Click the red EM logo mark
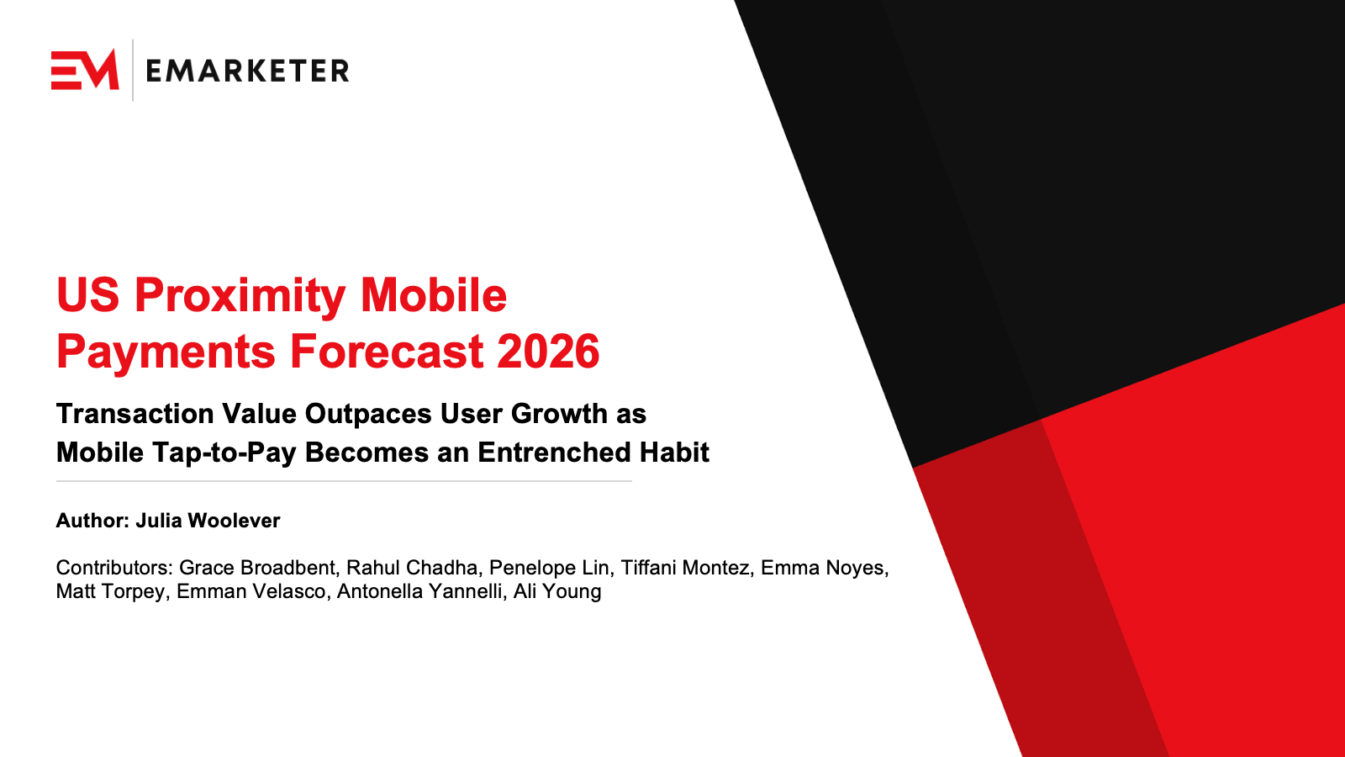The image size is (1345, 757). coord(85,70)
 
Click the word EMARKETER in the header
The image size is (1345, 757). coord(247,71)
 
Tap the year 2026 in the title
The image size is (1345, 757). coord(548,352)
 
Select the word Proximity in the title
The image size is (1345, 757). coord(240,296)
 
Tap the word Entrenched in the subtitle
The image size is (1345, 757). coord(555,453)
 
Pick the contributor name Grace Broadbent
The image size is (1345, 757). coord(257,568)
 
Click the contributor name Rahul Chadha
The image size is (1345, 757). coord(412,568)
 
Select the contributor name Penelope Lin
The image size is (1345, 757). coord(549,568)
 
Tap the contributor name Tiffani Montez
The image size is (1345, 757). coord(684,568)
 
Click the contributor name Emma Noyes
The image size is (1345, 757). coord(823,568)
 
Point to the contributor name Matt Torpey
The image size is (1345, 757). coord(110,591)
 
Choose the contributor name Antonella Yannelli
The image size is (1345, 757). coord(419,591)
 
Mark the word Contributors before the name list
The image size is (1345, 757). coord(113,568)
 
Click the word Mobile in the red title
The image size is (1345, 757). coord(433,296)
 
